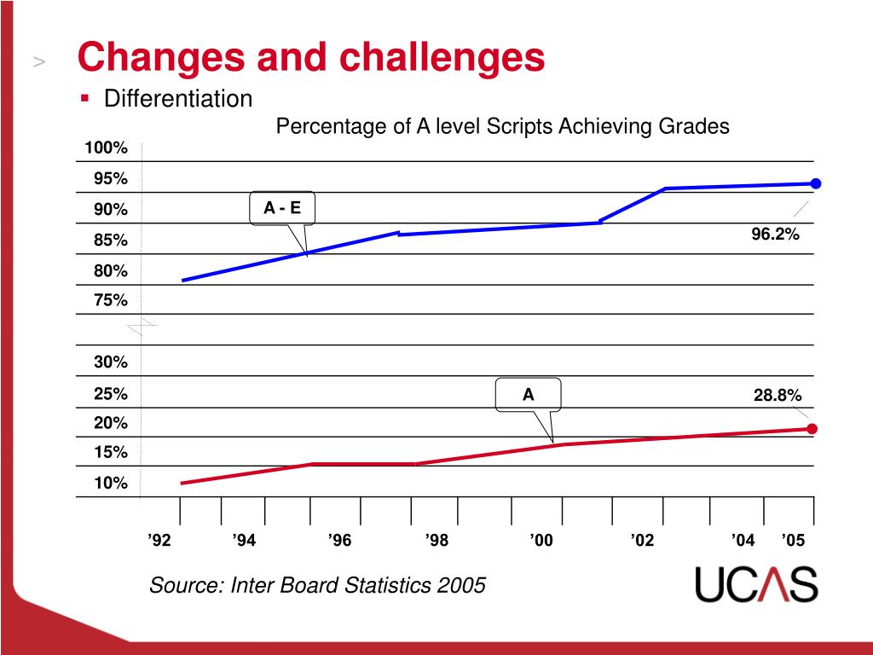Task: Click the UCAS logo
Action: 756,584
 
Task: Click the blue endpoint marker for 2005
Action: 816,183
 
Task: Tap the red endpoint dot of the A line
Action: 812,429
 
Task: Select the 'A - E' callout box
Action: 281,208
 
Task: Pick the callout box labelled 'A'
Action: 529,394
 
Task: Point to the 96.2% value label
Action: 775,234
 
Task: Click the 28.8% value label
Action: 777,396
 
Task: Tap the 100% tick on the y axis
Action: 106,149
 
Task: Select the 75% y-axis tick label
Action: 111,300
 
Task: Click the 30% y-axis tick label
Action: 111,362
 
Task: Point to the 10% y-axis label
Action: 111,484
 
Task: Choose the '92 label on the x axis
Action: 159,541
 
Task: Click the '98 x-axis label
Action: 436,541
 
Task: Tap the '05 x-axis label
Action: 793,541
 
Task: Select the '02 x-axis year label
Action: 642,541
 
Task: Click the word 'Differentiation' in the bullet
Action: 178,100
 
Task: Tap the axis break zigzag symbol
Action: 142,328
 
